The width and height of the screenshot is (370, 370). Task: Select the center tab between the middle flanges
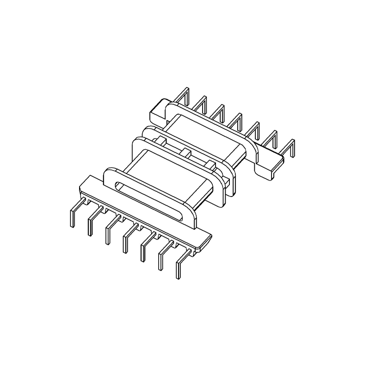[x=185, y=153]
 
